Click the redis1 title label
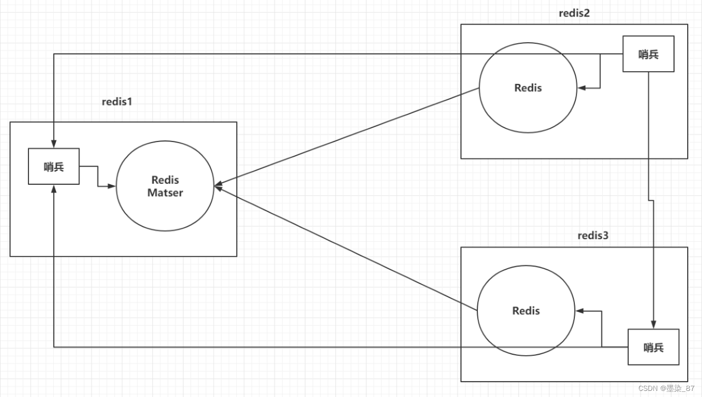click(117, 101)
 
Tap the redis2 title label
click(574, 13)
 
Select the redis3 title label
click(593, 236)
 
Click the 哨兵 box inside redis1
click(54, 166)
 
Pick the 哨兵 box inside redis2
click(648, 54)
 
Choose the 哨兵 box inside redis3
click(653, 347)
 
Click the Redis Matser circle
click(165, 186)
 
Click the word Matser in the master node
click(165, 193)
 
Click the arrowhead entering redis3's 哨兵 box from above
click(653, 326)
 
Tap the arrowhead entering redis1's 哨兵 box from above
click(54, 145)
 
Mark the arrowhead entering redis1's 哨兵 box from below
click(54, 188)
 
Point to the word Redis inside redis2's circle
click(528, 88)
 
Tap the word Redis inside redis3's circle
click(526, 310)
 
